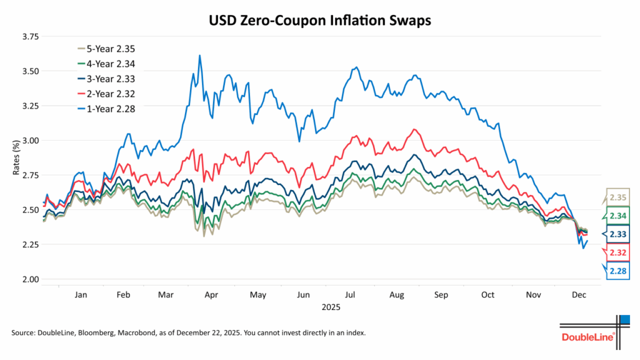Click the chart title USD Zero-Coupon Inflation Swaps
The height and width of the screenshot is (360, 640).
click(x=319, y=20)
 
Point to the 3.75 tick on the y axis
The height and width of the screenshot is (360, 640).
click(x=29, y=37)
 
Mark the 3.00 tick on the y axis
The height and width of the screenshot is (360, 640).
click(x=29, y=141)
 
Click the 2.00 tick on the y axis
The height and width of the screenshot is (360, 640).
click(x=29, y=279)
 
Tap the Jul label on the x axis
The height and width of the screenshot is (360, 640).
click(x=351, y=294)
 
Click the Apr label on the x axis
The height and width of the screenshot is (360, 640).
click(x=211, y=294)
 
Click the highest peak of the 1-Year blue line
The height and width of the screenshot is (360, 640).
click(x=199, y=56)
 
